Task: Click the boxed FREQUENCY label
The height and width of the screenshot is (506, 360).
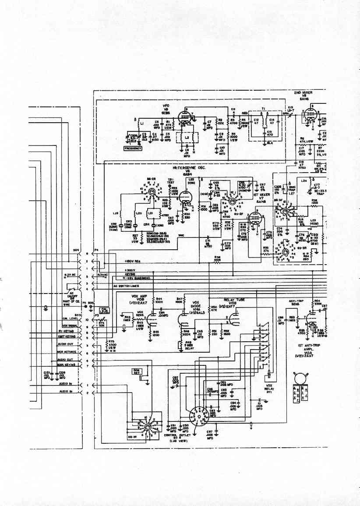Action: [x=133, y=149]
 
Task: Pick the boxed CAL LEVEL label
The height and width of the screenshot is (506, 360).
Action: [x=105, y=310]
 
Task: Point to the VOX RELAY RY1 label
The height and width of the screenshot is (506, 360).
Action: [x=269, y=388]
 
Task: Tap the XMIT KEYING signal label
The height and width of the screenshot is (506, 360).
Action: [x=67, y=336]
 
